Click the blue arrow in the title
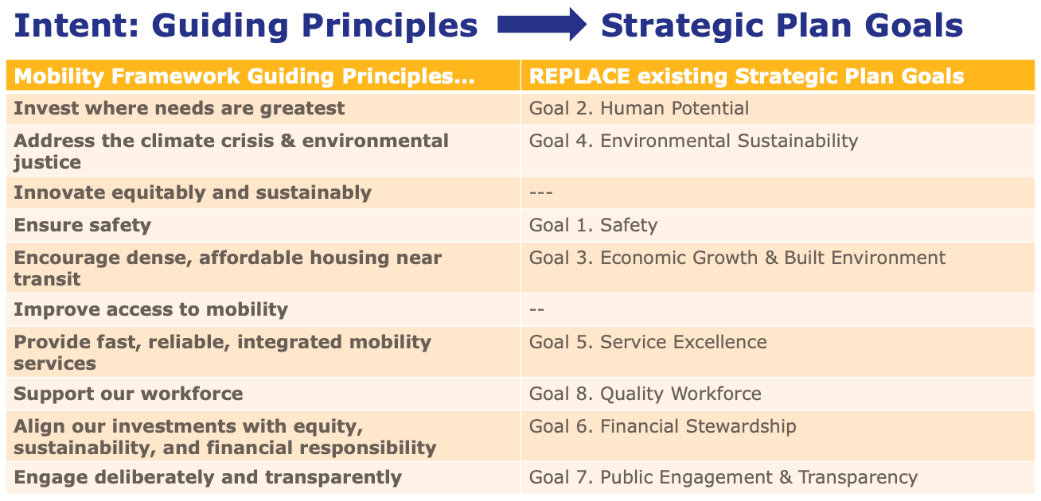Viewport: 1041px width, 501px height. coord(541,25)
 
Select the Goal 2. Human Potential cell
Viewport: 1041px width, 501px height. coord(639,108)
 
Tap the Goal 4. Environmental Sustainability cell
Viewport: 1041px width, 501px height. coord(693,141)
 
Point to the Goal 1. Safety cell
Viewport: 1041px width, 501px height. coord(593,225)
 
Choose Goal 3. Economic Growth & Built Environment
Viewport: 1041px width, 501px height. coord(737,258)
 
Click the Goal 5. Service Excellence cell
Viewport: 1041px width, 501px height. coord(648,342)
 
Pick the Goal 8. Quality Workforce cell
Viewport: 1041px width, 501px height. coord(645,394)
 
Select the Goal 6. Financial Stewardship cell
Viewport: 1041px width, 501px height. coord(662,426)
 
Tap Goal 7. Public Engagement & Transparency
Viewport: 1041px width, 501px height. coord(723,477)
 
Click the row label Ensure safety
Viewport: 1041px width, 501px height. coord(82,225)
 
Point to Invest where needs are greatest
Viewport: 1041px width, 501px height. coord(179,108)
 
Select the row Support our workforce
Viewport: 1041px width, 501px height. coord(128,394)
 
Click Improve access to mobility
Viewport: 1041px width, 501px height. coord(150,309)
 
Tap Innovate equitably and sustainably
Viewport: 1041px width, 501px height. coord(193,192)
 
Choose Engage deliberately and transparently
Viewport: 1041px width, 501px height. coord(207,477)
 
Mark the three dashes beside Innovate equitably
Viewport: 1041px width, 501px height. coord(540,192)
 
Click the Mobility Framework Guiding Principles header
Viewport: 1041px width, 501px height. coord(244,76)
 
